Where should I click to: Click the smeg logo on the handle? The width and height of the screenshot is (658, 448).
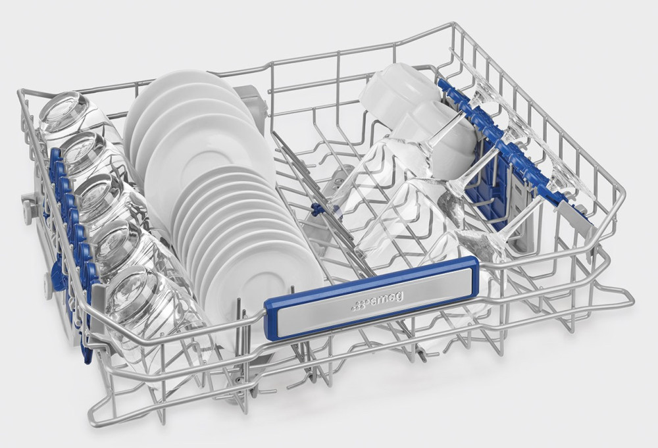click(x=376, y=301)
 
